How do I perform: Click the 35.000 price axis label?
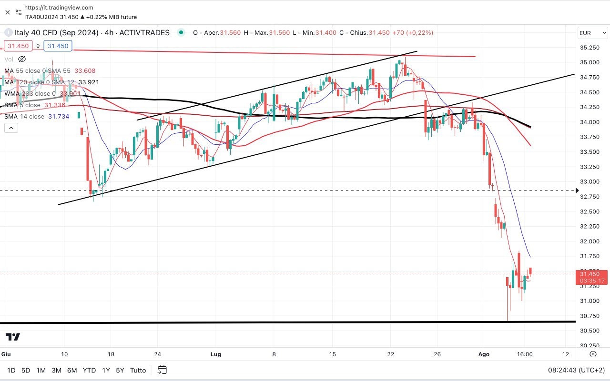(x=589, y=62)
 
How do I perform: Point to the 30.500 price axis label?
(x=589, y=331)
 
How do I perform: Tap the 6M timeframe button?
(x=72, y=370)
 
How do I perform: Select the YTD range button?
(x=89, y=370)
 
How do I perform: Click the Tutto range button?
(x=138, y=370)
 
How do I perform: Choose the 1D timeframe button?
(x=11, y=370)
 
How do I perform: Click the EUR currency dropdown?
(x=592, y=33)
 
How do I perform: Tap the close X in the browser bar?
(x=7, y=12)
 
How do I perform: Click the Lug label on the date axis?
(x=216, y=354)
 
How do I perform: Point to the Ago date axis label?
(x=484, y=354)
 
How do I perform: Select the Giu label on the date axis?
(x=6, y=354)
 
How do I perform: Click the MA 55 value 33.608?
(x=86, y=71)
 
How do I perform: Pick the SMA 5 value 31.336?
(x=54, y=105)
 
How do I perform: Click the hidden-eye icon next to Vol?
(x=22, y=59)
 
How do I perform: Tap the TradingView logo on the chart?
(x=13, y=337)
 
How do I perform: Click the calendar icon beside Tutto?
(x=162, y=370)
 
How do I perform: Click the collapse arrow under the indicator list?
(x=11, y=128)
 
